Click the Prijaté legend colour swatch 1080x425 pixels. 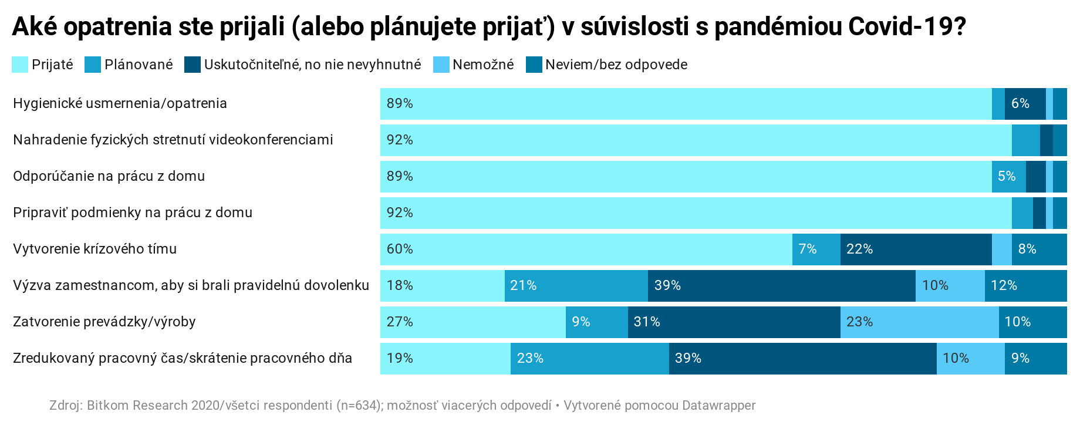point(20,65)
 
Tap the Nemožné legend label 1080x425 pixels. point(483,65)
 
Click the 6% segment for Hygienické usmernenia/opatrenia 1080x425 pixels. point(1025,104)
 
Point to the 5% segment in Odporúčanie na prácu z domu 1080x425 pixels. point(1009,177)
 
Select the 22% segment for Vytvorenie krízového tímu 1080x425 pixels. point(916,249)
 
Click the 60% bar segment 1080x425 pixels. point(586,249)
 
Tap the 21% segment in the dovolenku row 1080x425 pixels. point(576,286)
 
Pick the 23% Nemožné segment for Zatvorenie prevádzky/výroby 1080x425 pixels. point(920,322)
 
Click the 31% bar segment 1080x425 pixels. point(734,322)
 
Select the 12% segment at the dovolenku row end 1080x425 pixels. point(1026,286)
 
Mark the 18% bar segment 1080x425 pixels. point(443,286)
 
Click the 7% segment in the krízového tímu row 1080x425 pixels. point(816,249)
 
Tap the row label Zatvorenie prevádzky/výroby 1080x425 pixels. point(104,322)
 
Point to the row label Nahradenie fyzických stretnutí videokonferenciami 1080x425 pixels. point(173,140)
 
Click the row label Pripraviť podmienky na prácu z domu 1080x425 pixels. point(133,212)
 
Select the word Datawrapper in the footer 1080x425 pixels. point(719,406)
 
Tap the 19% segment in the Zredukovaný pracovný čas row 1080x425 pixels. point(446,359)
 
